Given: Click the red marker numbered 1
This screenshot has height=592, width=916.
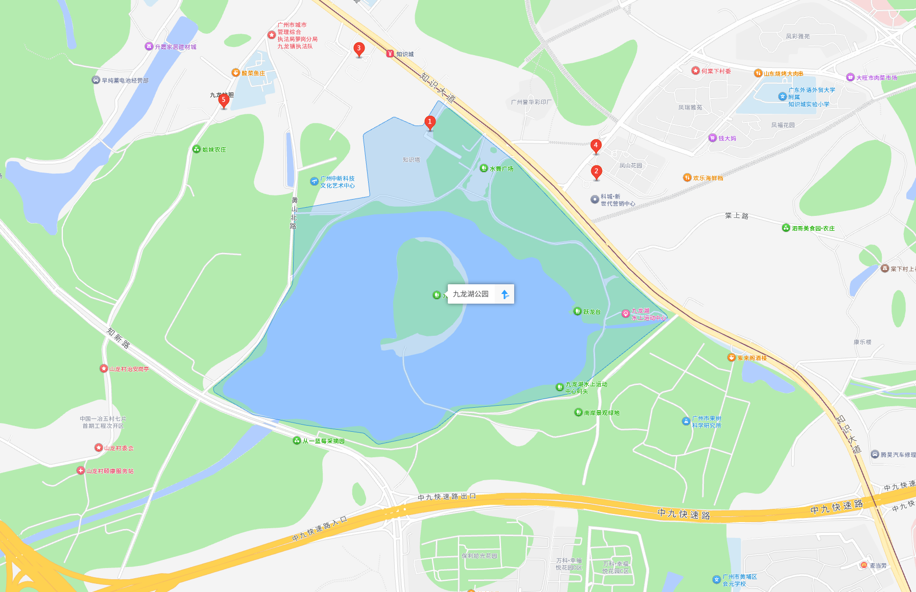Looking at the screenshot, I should pos(430,122).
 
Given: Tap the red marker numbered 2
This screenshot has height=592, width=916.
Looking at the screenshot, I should pos(596,172).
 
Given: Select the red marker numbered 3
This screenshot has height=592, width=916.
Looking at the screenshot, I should pos(359,49).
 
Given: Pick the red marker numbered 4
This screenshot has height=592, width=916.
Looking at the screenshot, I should pos(595,146).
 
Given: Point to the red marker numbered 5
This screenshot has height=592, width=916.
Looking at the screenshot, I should pos(223,101).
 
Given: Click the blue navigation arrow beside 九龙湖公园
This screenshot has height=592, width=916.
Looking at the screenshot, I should pos(504,294).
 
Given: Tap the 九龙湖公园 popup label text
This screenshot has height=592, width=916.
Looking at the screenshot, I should pos(471,294).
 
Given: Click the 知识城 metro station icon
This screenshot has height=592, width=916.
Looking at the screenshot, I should pos(390,54).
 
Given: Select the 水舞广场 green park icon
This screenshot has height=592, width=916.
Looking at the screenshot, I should pos(484,168).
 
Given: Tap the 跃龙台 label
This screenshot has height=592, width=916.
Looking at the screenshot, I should pos(592,311).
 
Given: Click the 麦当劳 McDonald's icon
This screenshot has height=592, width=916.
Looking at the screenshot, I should pos(863,565).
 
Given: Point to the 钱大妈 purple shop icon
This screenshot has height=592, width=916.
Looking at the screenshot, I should pos(713,138).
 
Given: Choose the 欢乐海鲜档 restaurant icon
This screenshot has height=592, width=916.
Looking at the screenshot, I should pos(687,178).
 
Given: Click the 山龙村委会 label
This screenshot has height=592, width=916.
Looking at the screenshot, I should pos(119,448).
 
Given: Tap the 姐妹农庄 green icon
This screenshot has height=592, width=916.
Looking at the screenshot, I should pos(197,149).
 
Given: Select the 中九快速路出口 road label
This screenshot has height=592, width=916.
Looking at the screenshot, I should pos(447,497).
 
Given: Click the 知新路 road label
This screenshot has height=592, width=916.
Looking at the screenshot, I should pos(118,338).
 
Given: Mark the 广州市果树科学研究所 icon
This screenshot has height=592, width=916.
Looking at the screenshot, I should pos(686,421).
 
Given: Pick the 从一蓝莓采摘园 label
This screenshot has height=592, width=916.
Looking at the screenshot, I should pos(324,441).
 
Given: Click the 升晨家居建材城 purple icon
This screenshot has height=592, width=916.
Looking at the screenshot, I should pos(149,46).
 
